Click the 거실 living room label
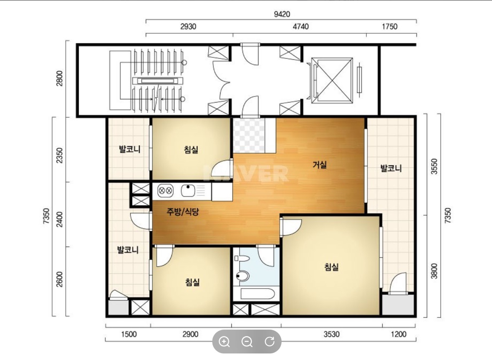[x=320, y=165]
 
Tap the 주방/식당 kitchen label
[x=183, y=212]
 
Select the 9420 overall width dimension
[x=282, y=14]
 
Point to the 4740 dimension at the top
[x=300, y=26]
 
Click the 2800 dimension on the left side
[x=59, y=78]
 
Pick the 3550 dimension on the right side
[x=434, y=167]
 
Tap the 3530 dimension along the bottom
[x=331, y=334]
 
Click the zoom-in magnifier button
[x=225, y=342]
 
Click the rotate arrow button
[x=270, y=341]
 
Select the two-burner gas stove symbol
[x=165, y=190]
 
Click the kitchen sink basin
[x=188, y=190]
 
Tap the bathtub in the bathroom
[x=257, y=294]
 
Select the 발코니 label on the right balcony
[x=391, y=168]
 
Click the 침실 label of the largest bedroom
[x=331, y=267]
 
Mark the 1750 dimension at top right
[x=389, y=26]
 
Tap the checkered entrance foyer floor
[x=249, y=135]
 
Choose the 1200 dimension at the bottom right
[x=399, y=334]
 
